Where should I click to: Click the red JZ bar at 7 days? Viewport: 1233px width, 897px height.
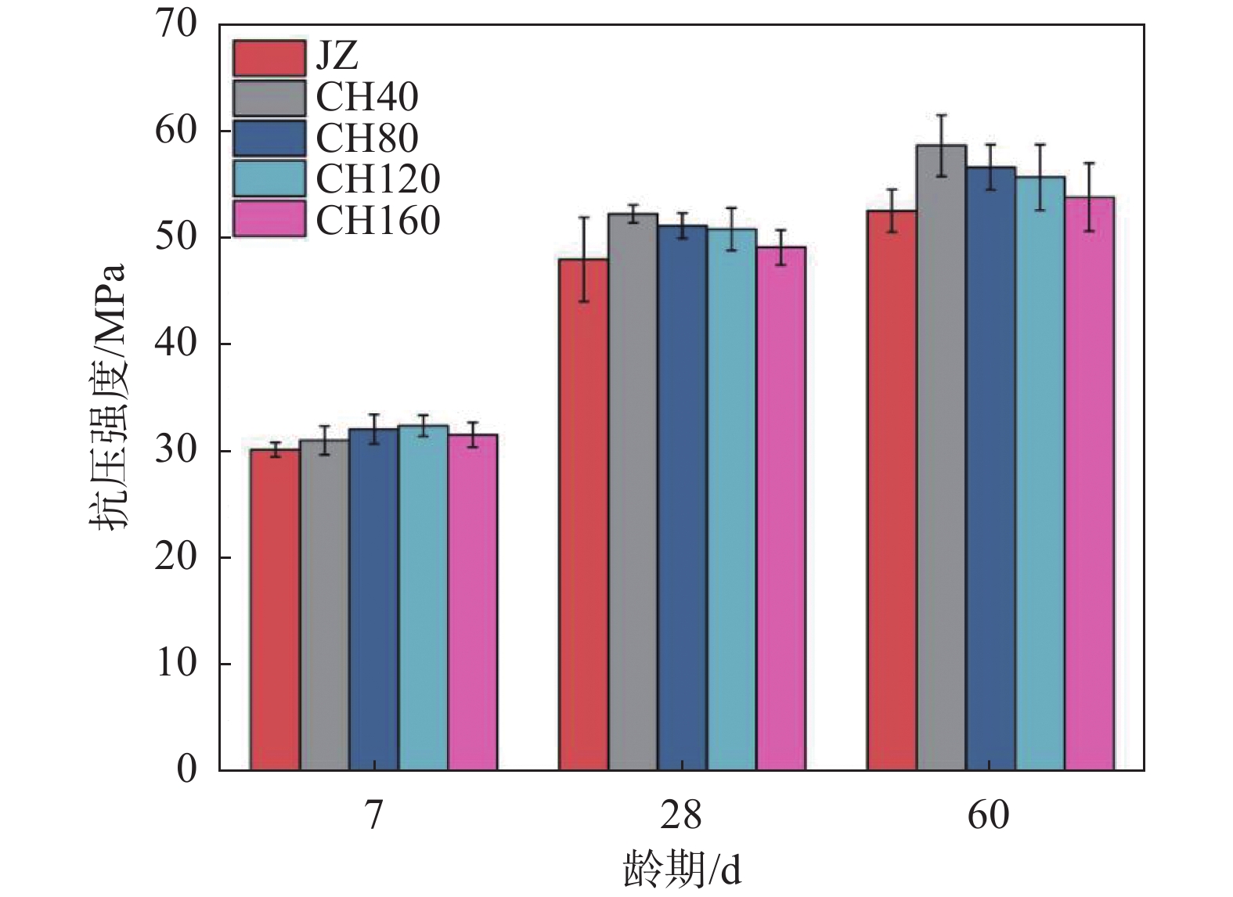(x=275, y=611)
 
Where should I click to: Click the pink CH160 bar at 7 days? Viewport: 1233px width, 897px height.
(x=473, y=603)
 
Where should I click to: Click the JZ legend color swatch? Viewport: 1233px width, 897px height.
(x=269, y=57)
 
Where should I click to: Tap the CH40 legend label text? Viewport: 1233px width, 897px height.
(x=367, y=97)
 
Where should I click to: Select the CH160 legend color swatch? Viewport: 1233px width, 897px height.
(x=269, y=220)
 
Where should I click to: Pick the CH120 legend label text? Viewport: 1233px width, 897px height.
(x=378, y=179)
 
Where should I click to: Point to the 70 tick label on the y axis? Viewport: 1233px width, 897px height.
(x=177, y=24)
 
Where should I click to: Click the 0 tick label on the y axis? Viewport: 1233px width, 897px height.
(x=187, y=770)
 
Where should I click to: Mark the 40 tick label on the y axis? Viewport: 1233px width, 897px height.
(x=177, y=344)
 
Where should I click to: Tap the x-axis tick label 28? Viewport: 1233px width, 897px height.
(x=680, y=816)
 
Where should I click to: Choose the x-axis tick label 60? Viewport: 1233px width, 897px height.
(x=989, y=816)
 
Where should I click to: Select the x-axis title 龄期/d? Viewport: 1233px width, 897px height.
(x=681, y=869)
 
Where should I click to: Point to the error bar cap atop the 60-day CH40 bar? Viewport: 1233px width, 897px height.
(x=941, y=116)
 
